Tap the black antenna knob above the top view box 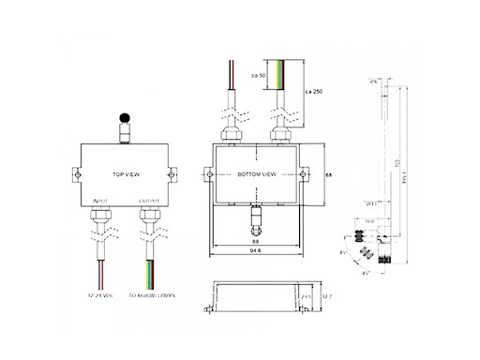124,119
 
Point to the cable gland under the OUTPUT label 147,217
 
